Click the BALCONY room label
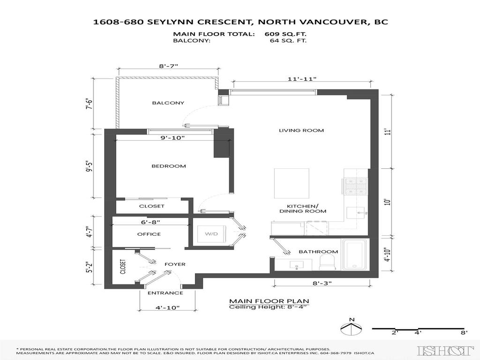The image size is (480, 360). click(x=168, y=103)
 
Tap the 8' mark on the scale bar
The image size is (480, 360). click(x=465, y=333)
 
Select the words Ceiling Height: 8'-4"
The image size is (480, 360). click(x=269, y=307)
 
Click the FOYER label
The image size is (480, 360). click(x=174, y=264)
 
